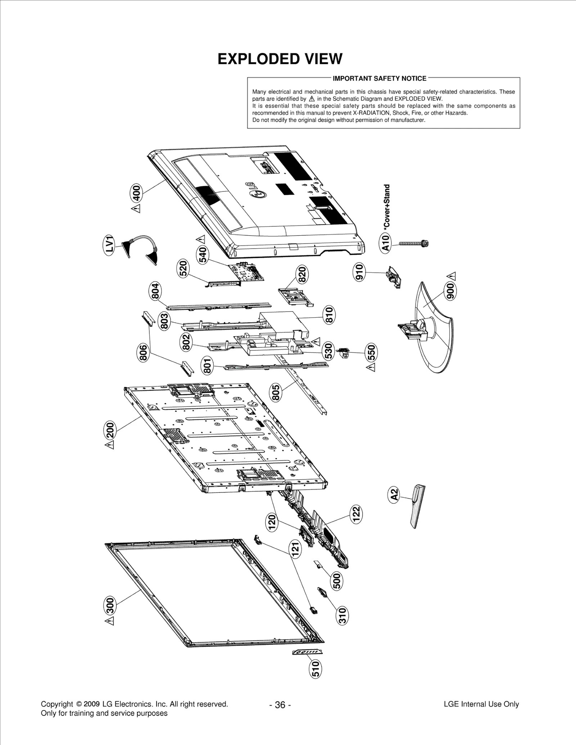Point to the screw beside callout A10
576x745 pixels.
(411, 244)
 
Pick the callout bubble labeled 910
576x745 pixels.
(359, 272)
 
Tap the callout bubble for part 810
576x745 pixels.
(329, 315)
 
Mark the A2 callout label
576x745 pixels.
(394, 494)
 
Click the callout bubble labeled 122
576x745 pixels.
(356, 515)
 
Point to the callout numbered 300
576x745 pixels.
(110, 605)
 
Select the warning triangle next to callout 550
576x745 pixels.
(371, 367)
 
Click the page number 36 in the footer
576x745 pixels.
(280, 705)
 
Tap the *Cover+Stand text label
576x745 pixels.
(387, 206)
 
